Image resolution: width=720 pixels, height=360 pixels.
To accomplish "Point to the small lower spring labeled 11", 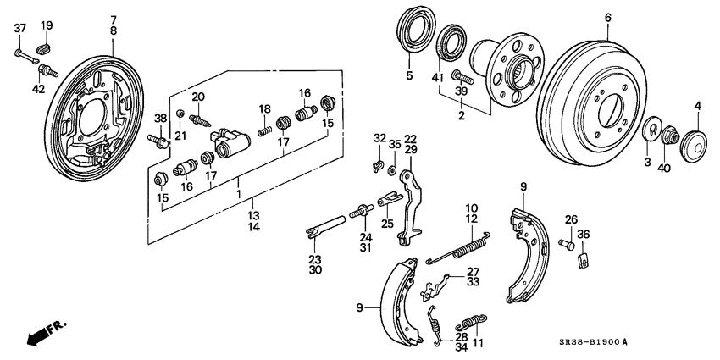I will point(472,324).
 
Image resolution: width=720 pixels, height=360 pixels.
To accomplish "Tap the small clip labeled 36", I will point(583,260).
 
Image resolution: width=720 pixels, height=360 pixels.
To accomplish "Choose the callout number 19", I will point(47,25).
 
